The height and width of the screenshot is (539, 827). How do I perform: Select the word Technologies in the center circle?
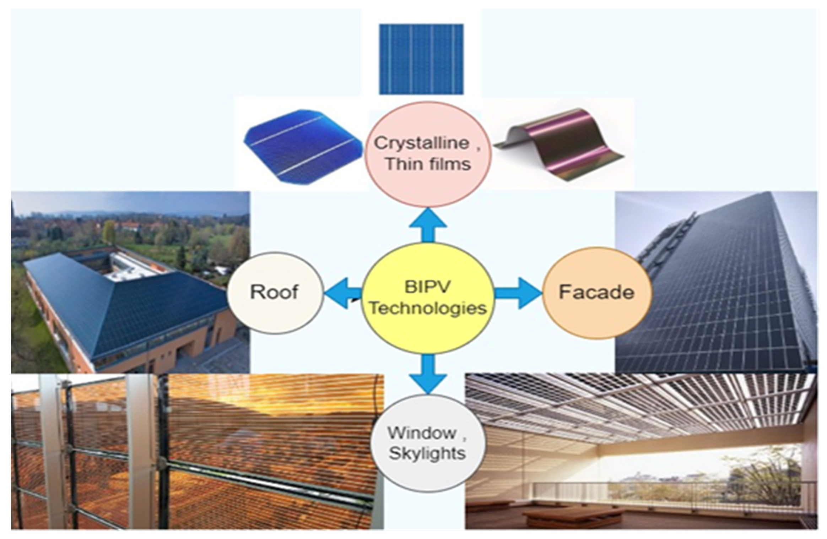point(428,308)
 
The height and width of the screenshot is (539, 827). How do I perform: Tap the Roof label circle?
point(275,293)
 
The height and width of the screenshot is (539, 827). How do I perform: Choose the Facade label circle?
point(597,293)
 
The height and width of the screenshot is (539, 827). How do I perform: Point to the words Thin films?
point(428,164)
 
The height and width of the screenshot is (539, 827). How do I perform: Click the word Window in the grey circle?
point(422,433)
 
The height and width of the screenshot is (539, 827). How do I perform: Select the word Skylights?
point(427,453)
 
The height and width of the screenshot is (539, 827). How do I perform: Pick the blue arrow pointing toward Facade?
point(518,293)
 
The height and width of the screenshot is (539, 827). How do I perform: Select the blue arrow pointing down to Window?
point(428,374)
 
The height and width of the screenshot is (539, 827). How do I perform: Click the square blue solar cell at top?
point(421,59)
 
